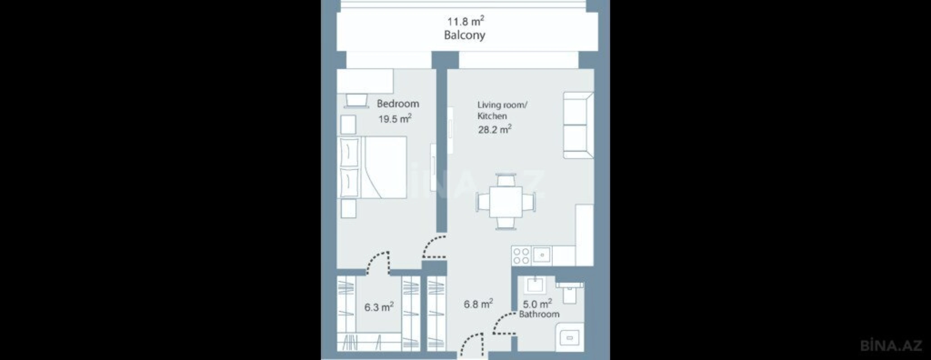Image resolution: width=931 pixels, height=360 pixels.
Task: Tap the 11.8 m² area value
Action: coord(465,21)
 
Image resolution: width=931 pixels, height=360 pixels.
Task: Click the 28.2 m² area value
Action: coord(495,129)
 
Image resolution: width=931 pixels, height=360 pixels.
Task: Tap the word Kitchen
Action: coord(492,116)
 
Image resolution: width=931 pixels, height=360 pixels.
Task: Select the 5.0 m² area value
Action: coord(537,304)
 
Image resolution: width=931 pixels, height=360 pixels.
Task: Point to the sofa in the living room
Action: coord(578,125)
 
